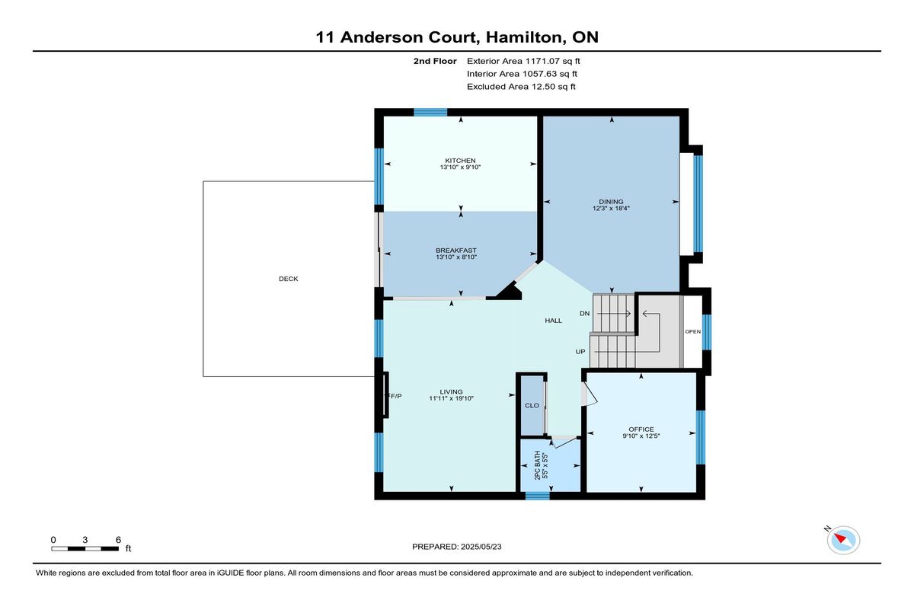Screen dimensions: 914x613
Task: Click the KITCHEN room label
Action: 460,161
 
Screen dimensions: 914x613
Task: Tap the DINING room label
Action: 611,202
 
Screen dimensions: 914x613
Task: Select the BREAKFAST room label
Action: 455,251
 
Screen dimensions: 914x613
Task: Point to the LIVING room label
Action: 451,392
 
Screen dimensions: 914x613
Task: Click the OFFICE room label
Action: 641,429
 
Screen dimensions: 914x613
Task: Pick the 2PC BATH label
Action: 538,465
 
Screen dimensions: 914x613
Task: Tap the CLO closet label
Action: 532,405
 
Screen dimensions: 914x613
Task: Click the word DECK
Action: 289,279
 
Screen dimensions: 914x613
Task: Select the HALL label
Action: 553,321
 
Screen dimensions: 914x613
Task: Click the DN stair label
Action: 584,313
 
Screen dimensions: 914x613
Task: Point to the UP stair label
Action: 580,352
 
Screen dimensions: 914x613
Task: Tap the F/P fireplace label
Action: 395,396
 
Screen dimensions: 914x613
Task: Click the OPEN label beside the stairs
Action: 692,331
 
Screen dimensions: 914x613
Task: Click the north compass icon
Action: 843,540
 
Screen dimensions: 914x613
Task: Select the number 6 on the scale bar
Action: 118,540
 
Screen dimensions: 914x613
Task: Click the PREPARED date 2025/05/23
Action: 481,547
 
